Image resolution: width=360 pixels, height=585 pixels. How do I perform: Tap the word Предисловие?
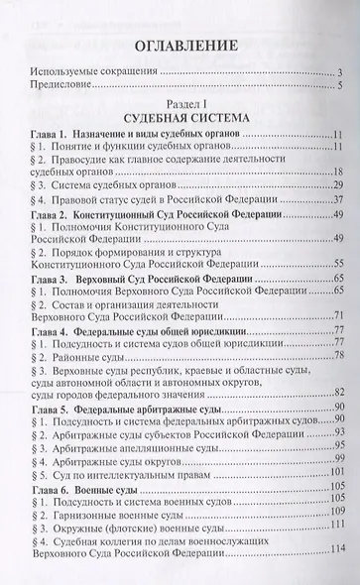(x=65, y=86)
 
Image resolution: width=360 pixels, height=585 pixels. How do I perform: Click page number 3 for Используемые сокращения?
(x=339, y=73)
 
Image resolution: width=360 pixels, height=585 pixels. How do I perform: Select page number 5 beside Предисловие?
(x=339, y=86)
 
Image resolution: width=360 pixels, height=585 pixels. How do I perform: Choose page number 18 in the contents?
(x=337, y=184)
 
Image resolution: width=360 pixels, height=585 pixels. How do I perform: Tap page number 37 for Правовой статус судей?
(x=337, y=227)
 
